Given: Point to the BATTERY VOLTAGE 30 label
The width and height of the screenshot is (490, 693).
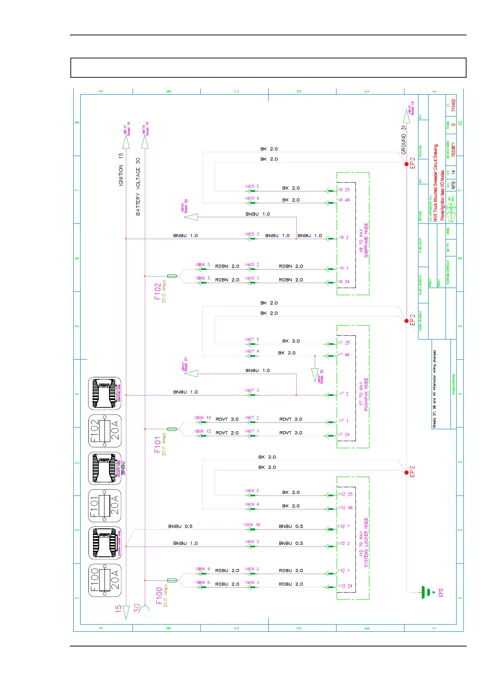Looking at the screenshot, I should (138, 186).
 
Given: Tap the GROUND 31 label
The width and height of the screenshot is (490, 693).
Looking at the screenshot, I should (404, 140).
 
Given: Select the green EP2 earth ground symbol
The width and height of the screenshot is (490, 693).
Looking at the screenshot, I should (428, 592).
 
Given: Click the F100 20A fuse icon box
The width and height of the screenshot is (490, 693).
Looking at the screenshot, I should (105, 580).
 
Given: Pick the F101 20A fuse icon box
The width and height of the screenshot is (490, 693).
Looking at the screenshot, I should (105, 505).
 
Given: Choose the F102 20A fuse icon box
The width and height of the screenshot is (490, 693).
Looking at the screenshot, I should (105, 430).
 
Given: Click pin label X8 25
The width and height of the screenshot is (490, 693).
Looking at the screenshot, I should (344, 190).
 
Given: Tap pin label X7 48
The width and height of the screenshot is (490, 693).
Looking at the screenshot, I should (344, 355).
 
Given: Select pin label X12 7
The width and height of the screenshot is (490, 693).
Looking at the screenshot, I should (344, 526).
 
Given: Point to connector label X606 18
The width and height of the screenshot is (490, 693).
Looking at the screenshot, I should (252, 525).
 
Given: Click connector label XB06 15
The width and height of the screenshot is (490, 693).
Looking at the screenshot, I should (202, 418).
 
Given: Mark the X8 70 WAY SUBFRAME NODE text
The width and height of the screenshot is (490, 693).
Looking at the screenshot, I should (364, 241).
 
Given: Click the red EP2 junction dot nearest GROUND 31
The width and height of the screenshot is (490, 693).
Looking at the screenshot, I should (406, 164).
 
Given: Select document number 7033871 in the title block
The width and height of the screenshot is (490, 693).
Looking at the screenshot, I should (453, 150).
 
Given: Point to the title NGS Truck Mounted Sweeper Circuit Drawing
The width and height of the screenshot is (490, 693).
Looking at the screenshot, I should (436, 183).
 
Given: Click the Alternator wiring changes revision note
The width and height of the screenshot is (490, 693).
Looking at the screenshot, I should (434, 389).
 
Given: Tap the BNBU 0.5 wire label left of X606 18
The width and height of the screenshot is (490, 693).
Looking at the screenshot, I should (180, 526).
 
